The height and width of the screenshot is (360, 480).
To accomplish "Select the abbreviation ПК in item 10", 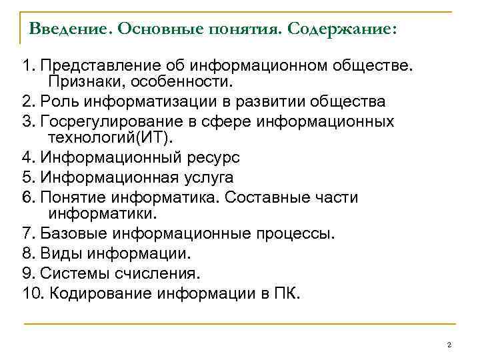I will pyautogui.click(x=288, y=293).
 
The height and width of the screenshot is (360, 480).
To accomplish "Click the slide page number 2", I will pyautogui.click(x=449, y=344).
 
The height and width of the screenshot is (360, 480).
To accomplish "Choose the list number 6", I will pyautogui.click(x=27, y=197).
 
